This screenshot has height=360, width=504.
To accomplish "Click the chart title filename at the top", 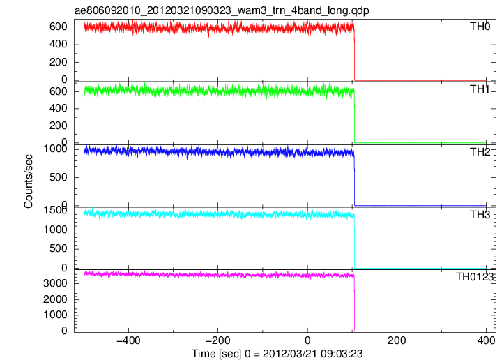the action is point(222,10).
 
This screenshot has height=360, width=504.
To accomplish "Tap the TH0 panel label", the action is point(480,27).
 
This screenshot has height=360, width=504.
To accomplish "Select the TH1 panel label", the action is point(480,89).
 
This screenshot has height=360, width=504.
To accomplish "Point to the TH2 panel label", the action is point(480,152).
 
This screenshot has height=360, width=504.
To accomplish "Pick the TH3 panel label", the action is point(480,215).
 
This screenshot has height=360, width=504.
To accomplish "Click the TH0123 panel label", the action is point(475,277).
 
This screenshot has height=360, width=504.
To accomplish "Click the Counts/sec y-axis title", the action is point(29,181).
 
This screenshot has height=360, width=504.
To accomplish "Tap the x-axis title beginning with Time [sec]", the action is point(277,354).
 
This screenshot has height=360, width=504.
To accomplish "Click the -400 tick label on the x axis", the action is point(128,340).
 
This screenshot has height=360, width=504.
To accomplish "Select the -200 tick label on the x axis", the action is point(218,340).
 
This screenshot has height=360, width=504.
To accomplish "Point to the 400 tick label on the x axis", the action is point(486,340).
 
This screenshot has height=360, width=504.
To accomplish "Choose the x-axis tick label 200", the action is point(397,340).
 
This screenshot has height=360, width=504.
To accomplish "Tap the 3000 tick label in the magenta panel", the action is point(55,283).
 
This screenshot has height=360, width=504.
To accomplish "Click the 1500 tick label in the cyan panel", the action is point(55,211).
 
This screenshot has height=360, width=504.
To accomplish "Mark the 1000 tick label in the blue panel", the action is point(55,149).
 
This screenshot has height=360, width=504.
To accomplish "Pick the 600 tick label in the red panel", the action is point(58,27).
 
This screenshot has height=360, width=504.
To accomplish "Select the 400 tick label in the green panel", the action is point(58,108).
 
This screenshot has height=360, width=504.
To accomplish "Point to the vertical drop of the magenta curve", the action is point(354,303).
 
